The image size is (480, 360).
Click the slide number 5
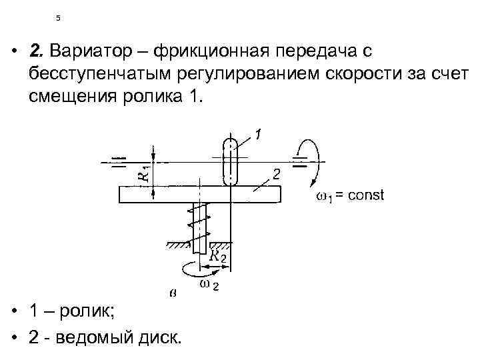click(x=58, y=18)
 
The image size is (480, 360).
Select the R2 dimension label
click(x=219, y=256)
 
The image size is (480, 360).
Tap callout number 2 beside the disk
click(x=275, y=174)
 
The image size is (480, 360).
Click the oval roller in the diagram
click(x=229, y=161)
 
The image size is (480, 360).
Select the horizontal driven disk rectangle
click(x=199, y=193)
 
